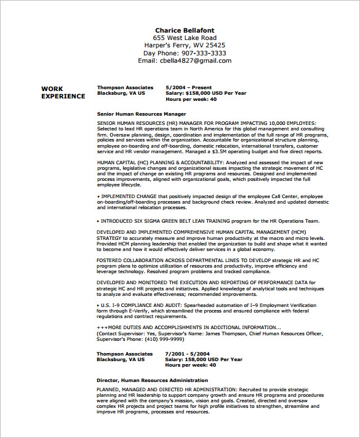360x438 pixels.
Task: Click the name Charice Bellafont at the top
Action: (x=185, y=30)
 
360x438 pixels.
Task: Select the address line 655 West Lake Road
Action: (x=185, y=38)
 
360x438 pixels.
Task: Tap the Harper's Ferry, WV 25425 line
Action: (x=185, y=45)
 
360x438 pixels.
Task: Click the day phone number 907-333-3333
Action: (x=201, y=53)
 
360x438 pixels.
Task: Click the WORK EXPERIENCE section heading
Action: (x=63, y=92)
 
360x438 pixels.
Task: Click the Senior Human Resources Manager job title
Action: (x=141, y=114)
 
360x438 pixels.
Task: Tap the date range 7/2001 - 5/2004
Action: (x=188, y=354)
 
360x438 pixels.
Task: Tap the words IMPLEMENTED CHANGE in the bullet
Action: (x=126, y=197)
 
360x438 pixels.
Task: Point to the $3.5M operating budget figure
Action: (x=241, y=151)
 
